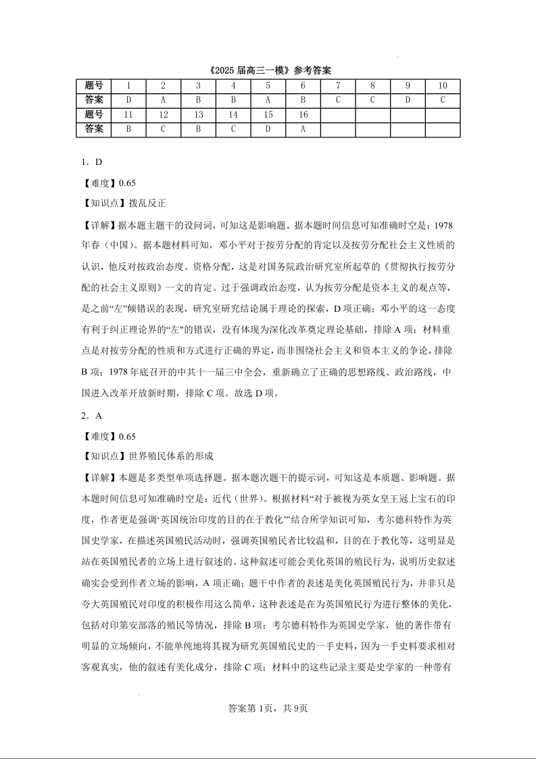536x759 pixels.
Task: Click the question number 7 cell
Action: click(338, 86)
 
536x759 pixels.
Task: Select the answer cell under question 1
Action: click(128, 100)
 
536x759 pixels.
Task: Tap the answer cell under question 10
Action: click(443, 100)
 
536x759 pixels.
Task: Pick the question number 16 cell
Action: click(303, 115)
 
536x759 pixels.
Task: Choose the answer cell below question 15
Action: click(268, 129)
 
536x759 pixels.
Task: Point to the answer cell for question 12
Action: click(163, 129)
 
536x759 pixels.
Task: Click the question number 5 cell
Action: click(268, 86)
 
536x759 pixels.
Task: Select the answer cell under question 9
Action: click(408, 100)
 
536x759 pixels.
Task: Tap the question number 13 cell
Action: click(198, 115)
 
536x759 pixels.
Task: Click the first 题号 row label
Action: click(94, 86)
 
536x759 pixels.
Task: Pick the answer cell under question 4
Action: click(233, 100)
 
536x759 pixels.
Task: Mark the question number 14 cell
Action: click(233, 115)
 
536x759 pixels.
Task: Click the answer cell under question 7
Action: click(338, 100)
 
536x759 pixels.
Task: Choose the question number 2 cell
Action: click(163, 86)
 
